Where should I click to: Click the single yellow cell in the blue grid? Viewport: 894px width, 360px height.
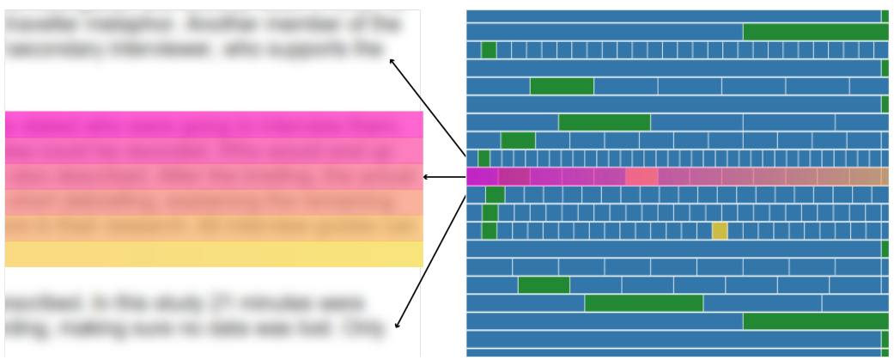click(x=720, y=230)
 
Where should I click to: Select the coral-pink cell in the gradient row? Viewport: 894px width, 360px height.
click(x=642, y=177)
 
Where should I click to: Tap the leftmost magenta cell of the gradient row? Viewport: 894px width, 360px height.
click(x=482, y=177)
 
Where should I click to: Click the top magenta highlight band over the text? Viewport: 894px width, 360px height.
click(x=214, y=125)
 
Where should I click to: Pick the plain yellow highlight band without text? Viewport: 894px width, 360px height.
click(x=214, y=254)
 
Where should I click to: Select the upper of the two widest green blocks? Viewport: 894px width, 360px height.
click(x=815, y=32)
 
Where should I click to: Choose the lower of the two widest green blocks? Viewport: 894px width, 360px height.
click(x=815, y=321)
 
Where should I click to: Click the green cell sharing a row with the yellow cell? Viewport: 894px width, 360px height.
click(x=490, y=230)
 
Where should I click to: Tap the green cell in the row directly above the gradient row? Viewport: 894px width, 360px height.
click(x=483, y=158)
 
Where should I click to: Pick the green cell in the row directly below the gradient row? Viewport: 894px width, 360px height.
click(x=495, y=195)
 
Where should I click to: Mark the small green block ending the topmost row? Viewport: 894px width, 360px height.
click(x=885, y=15)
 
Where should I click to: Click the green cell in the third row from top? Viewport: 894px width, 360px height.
click(x=489, y=50)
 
